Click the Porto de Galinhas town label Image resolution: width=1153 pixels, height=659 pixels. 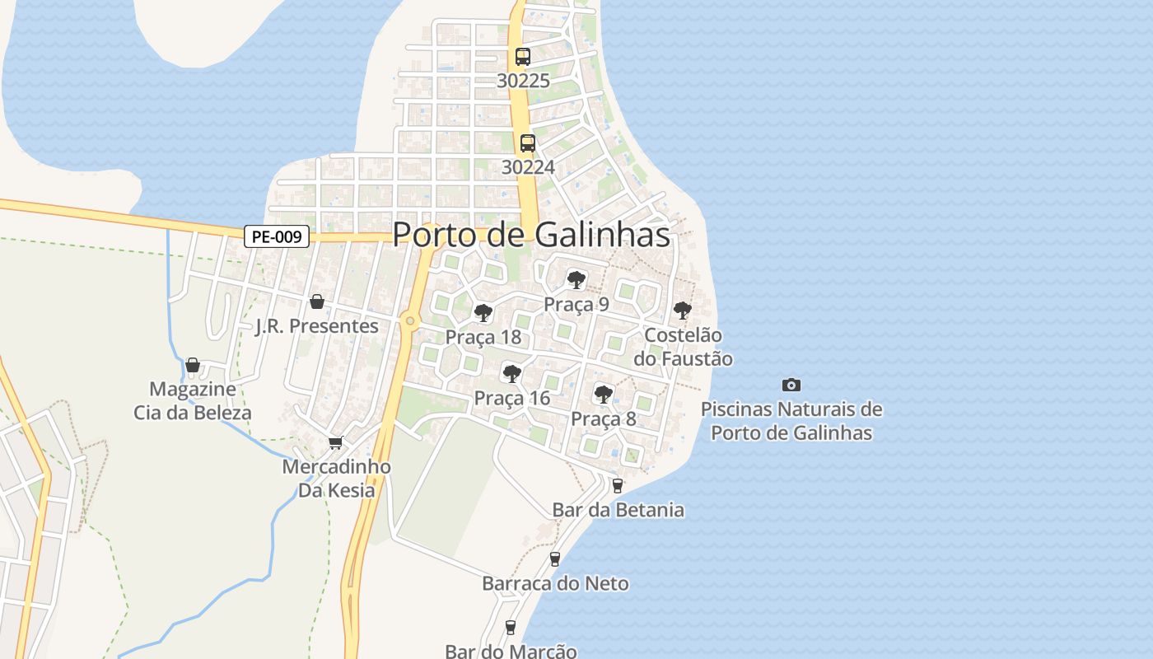pos(531,235)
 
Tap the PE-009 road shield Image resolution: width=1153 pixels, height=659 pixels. pos(277,237)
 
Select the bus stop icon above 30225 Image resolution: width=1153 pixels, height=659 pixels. pos(523,57)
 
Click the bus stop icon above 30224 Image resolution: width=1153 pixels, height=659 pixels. pos(528,143)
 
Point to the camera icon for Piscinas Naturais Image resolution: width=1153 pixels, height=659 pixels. pos(791,385)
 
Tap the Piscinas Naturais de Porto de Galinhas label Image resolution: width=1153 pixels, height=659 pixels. pos(791,421)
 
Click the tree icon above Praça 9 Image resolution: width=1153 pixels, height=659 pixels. pos(576,279)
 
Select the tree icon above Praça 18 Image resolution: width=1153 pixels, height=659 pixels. pos(483,312)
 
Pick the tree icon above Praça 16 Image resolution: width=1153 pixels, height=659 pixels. pos(511,374)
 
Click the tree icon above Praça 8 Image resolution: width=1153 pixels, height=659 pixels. pos(604,394)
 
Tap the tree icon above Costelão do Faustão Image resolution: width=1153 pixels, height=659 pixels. pos(682,310)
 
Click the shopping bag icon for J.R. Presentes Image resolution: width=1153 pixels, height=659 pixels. pos(316,301)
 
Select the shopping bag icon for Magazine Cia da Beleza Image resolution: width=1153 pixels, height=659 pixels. pos(193,364)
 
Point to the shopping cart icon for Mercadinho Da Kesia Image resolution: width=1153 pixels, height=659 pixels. pos(335,442)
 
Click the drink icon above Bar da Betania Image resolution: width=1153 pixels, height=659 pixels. pos(618,486)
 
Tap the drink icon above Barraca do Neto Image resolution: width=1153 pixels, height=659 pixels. pos(555,559)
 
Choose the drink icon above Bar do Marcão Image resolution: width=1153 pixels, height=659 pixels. pos(511,628)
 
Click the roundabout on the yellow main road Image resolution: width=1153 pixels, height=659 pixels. pos(409,320)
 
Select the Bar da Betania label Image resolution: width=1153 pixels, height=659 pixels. pos(618,510)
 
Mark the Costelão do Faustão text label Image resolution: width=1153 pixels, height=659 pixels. pos(683,347)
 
